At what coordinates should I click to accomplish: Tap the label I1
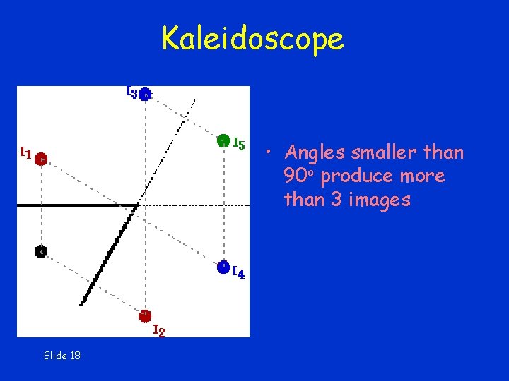[x=25, y=151]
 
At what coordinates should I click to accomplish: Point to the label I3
[x=131, y=92]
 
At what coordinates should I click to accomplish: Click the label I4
[x=239, y=273]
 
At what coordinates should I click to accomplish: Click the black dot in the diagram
[x=41, y=250]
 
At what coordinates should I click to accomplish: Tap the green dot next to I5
[x=223, y=140]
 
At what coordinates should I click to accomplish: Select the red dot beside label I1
[x=41, y=159]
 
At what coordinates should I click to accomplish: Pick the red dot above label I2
[x=145, y=315]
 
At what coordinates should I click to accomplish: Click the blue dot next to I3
[x=145, y=94]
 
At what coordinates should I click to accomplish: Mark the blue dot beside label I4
[x=223, y=267]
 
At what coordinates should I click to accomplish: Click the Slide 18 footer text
[x=62, y=356]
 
